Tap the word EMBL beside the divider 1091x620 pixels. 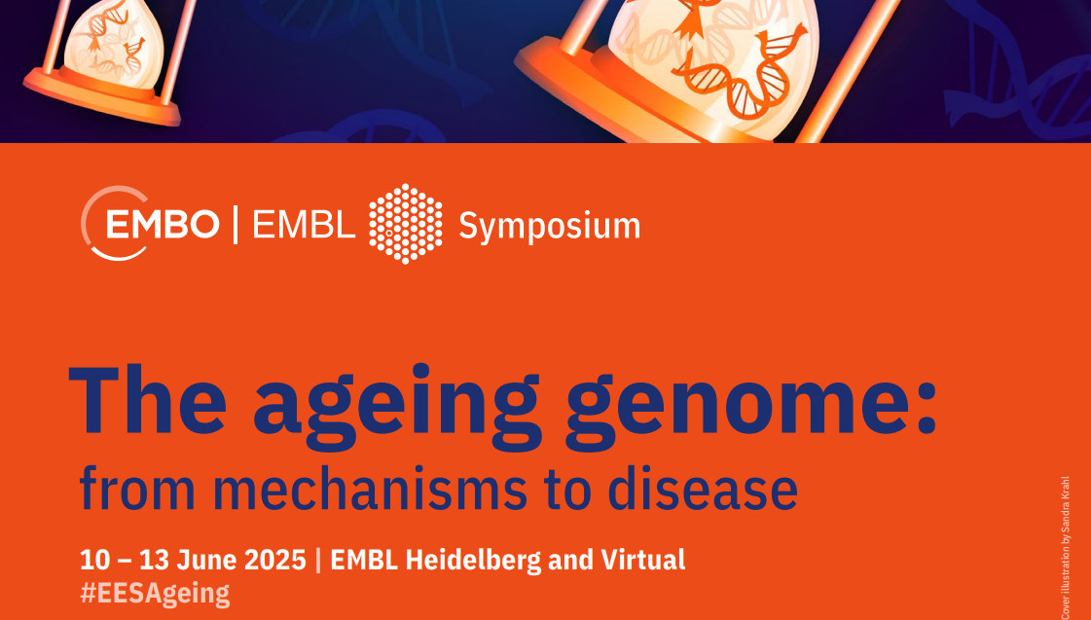coord(304,225)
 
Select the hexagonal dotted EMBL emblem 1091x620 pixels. coord(405,224)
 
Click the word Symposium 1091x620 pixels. coord(549,227)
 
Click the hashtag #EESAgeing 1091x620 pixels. coord(155,593)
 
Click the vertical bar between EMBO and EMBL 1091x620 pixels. coord(235,225)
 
